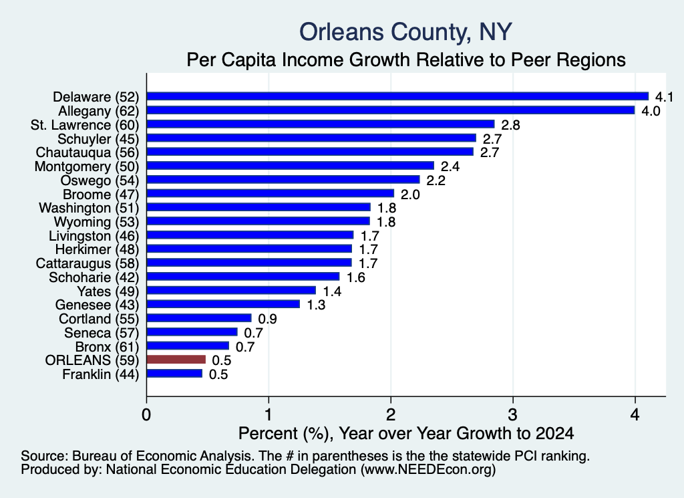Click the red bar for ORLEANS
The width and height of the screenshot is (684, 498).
176,360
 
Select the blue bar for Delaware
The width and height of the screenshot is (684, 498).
398,96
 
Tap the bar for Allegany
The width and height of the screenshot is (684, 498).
391,110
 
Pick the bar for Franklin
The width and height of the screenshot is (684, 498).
174,374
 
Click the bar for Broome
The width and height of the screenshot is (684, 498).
271,193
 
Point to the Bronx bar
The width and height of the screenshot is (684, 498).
188,346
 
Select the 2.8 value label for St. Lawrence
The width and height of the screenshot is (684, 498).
510,125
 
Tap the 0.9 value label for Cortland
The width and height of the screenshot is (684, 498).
267,319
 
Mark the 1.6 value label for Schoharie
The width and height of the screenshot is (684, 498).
355,277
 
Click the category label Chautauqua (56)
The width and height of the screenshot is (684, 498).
88,152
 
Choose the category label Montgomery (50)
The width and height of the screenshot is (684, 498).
87,166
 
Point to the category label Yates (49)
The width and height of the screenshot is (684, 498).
108,291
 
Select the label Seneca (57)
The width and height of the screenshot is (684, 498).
102,333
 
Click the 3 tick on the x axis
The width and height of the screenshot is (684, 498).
513,414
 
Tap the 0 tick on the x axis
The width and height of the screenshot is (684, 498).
146,414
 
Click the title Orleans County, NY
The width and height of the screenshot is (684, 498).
405,32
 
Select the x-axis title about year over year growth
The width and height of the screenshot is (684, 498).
406,433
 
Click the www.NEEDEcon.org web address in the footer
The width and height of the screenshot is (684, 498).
428,470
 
